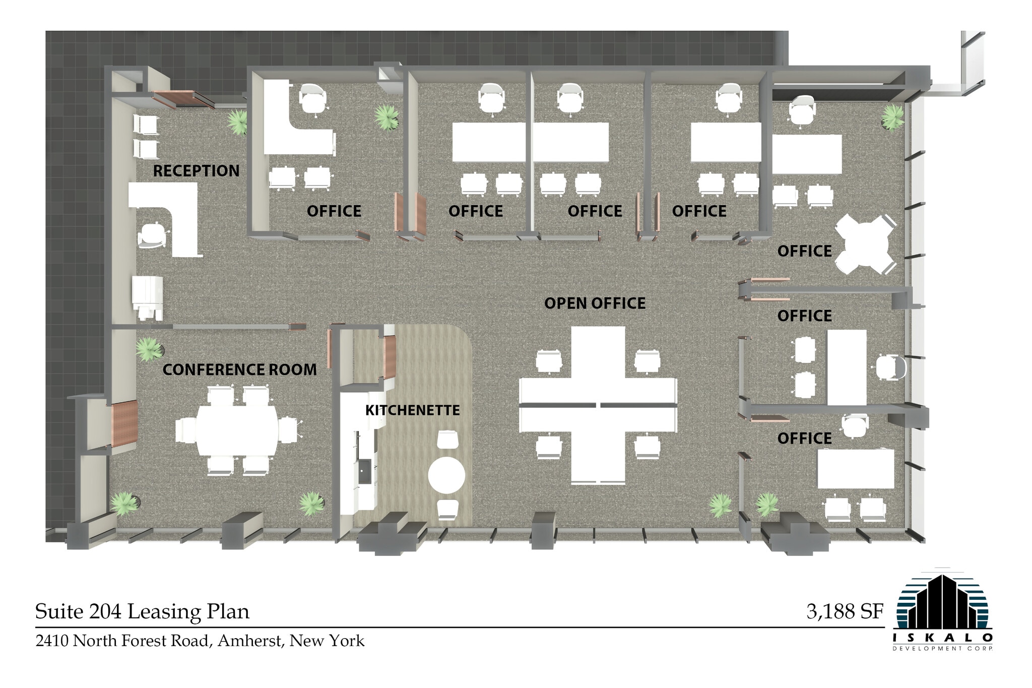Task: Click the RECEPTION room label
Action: tap(196, 171)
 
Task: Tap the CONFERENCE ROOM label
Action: tap(239, 369)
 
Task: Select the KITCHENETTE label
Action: tap(412, 410)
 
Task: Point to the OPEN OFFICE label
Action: tap(595, 303)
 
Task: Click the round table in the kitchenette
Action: tap(446, 475)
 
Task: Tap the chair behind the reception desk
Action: tap(152, 235)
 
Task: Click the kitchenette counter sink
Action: tap(364, 471)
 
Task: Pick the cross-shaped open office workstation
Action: tap(598, 405)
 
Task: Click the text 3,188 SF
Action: tap(845, 611)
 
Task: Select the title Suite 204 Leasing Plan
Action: tap(142, 611)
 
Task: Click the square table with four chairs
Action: tap(865, 244)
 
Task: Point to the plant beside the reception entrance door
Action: tap(237, 121)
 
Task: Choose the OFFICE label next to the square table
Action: tap(804, 251)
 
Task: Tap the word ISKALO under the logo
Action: tap(942, 638)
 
